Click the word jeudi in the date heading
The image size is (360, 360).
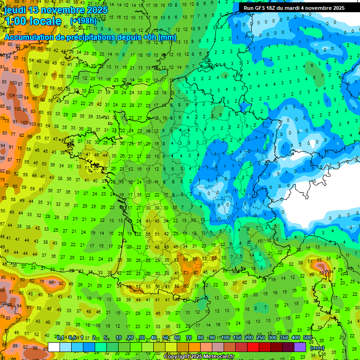click(x=15, y=10)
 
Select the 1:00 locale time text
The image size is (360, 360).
click(x=33, y=21)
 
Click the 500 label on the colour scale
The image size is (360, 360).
click(x=307, y=338)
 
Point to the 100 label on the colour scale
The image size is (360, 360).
click(x=225, y=338)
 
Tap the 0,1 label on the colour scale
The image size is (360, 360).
click(x=60, y=338)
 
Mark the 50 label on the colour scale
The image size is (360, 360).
click(x=165, y=338)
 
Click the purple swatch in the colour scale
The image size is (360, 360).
click(x=300, y=347)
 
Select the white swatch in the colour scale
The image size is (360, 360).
click(x=54, y=347)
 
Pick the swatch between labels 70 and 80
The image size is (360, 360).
click(x=195, y=347)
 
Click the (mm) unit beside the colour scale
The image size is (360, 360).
click(x=317, y=348)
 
